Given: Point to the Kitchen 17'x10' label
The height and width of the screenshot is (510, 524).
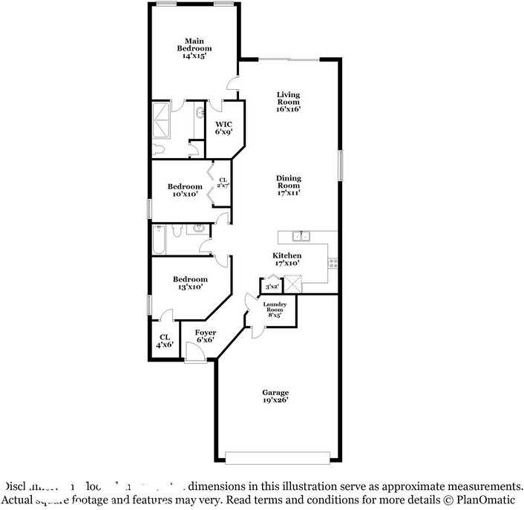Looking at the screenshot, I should point(286,259).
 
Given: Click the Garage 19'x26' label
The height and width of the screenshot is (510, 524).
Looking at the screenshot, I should point(275,396).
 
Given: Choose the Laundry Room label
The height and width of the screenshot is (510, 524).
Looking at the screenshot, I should point(275,310).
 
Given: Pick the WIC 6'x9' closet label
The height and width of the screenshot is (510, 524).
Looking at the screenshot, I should point(224,128).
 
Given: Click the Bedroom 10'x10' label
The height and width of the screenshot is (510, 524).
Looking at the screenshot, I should point(184,190).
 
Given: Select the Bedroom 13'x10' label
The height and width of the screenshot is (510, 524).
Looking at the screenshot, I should point(190,283).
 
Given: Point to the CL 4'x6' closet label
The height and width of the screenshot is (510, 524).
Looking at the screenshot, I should point(164,340).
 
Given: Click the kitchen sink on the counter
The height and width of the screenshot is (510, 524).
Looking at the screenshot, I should point(301,237).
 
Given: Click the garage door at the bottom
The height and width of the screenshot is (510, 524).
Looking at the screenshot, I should point(278,458).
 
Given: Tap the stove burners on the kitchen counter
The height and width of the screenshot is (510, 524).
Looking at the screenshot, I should point(333,261).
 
